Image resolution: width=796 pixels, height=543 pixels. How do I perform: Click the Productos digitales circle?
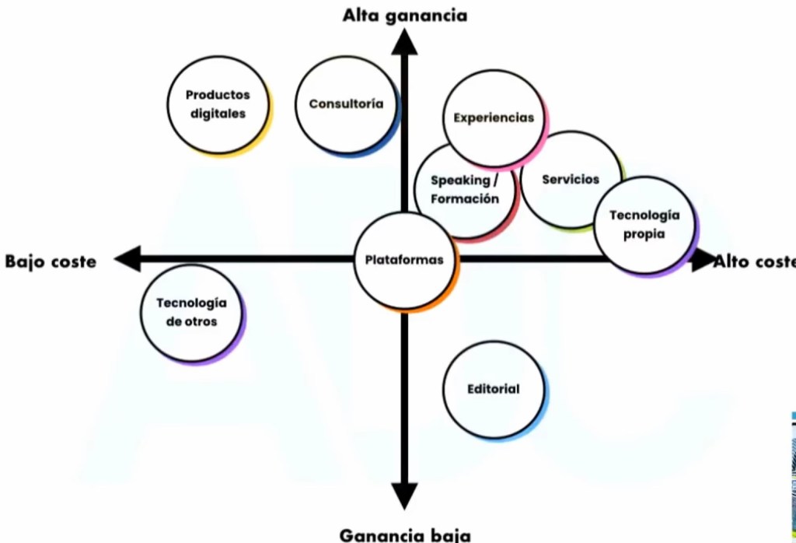tap(218, 104)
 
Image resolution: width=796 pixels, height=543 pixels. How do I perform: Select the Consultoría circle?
tap(346, 103)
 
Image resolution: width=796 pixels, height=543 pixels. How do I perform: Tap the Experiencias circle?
tap(494, 118)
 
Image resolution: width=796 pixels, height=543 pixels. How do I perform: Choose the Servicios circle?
tap(571, 180)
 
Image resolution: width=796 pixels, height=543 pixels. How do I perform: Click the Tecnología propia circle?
tap(644, 224)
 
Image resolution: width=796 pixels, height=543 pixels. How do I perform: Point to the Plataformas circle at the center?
tap(404, 260)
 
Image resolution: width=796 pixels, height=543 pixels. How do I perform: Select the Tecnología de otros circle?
tap(191, 313)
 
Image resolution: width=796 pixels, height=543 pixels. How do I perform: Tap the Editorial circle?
tap(494, 389)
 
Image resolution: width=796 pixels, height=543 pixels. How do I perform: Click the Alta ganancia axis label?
tap(405, 15)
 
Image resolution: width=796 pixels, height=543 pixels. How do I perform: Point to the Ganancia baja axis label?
tap(405, 534)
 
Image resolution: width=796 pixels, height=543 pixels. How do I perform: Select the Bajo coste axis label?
tap(51, 261)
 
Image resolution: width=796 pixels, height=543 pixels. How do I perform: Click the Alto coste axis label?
tap(758, 261)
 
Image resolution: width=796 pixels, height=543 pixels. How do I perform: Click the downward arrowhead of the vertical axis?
tap(404, 495)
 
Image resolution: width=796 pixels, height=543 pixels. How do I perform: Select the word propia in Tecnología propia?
tap(644, 233)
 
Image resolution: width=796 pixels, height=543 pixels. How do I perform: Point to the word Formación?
tap(465, 199)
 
